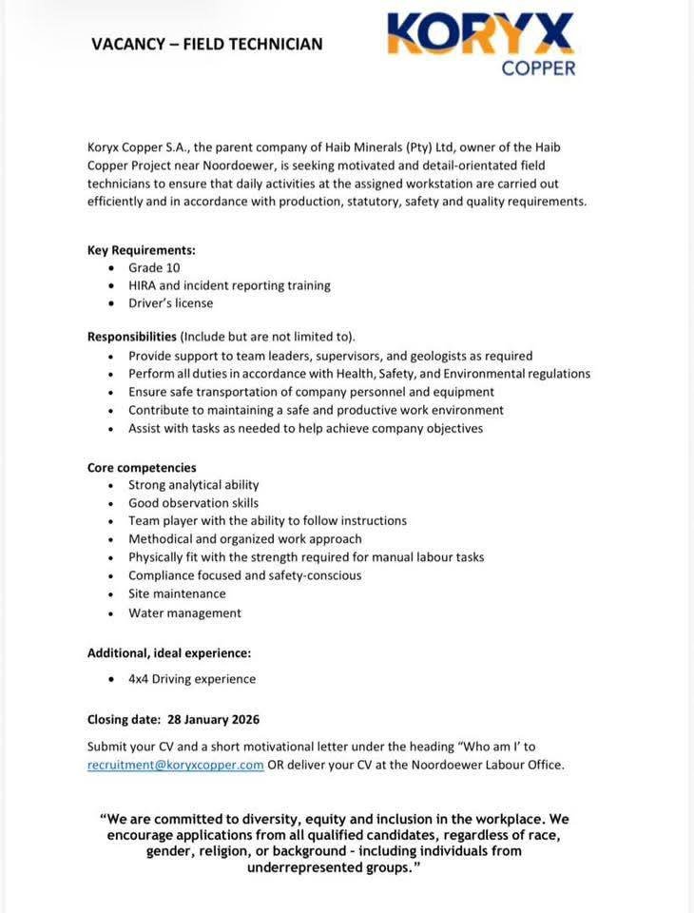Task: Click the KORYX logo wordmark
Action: (481, 34)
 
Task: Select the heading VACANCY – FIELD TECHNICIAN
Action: (206, 44)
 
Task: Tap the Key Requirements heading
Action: (141, 250)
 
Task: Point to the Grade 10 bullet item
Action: (154, 268)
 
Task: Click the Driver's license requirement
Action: (170, 303)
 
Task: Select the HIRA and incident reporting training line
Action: (229, 285)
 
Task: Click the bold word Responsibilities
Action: (132, 337)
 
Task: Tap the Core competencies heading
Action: (142, 467)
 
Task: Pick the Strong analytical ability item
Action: (193, 485)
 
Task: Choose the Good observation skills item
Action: (193, 503)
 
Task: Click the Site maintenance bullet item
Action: (177, 593)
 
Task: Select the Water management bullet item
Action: (184, 613)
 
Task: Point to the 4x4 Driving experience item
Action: (192, 679)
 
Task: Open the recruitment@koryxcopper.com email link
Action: (175, 766)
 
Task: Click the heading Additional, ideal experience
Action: (169, 653)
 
